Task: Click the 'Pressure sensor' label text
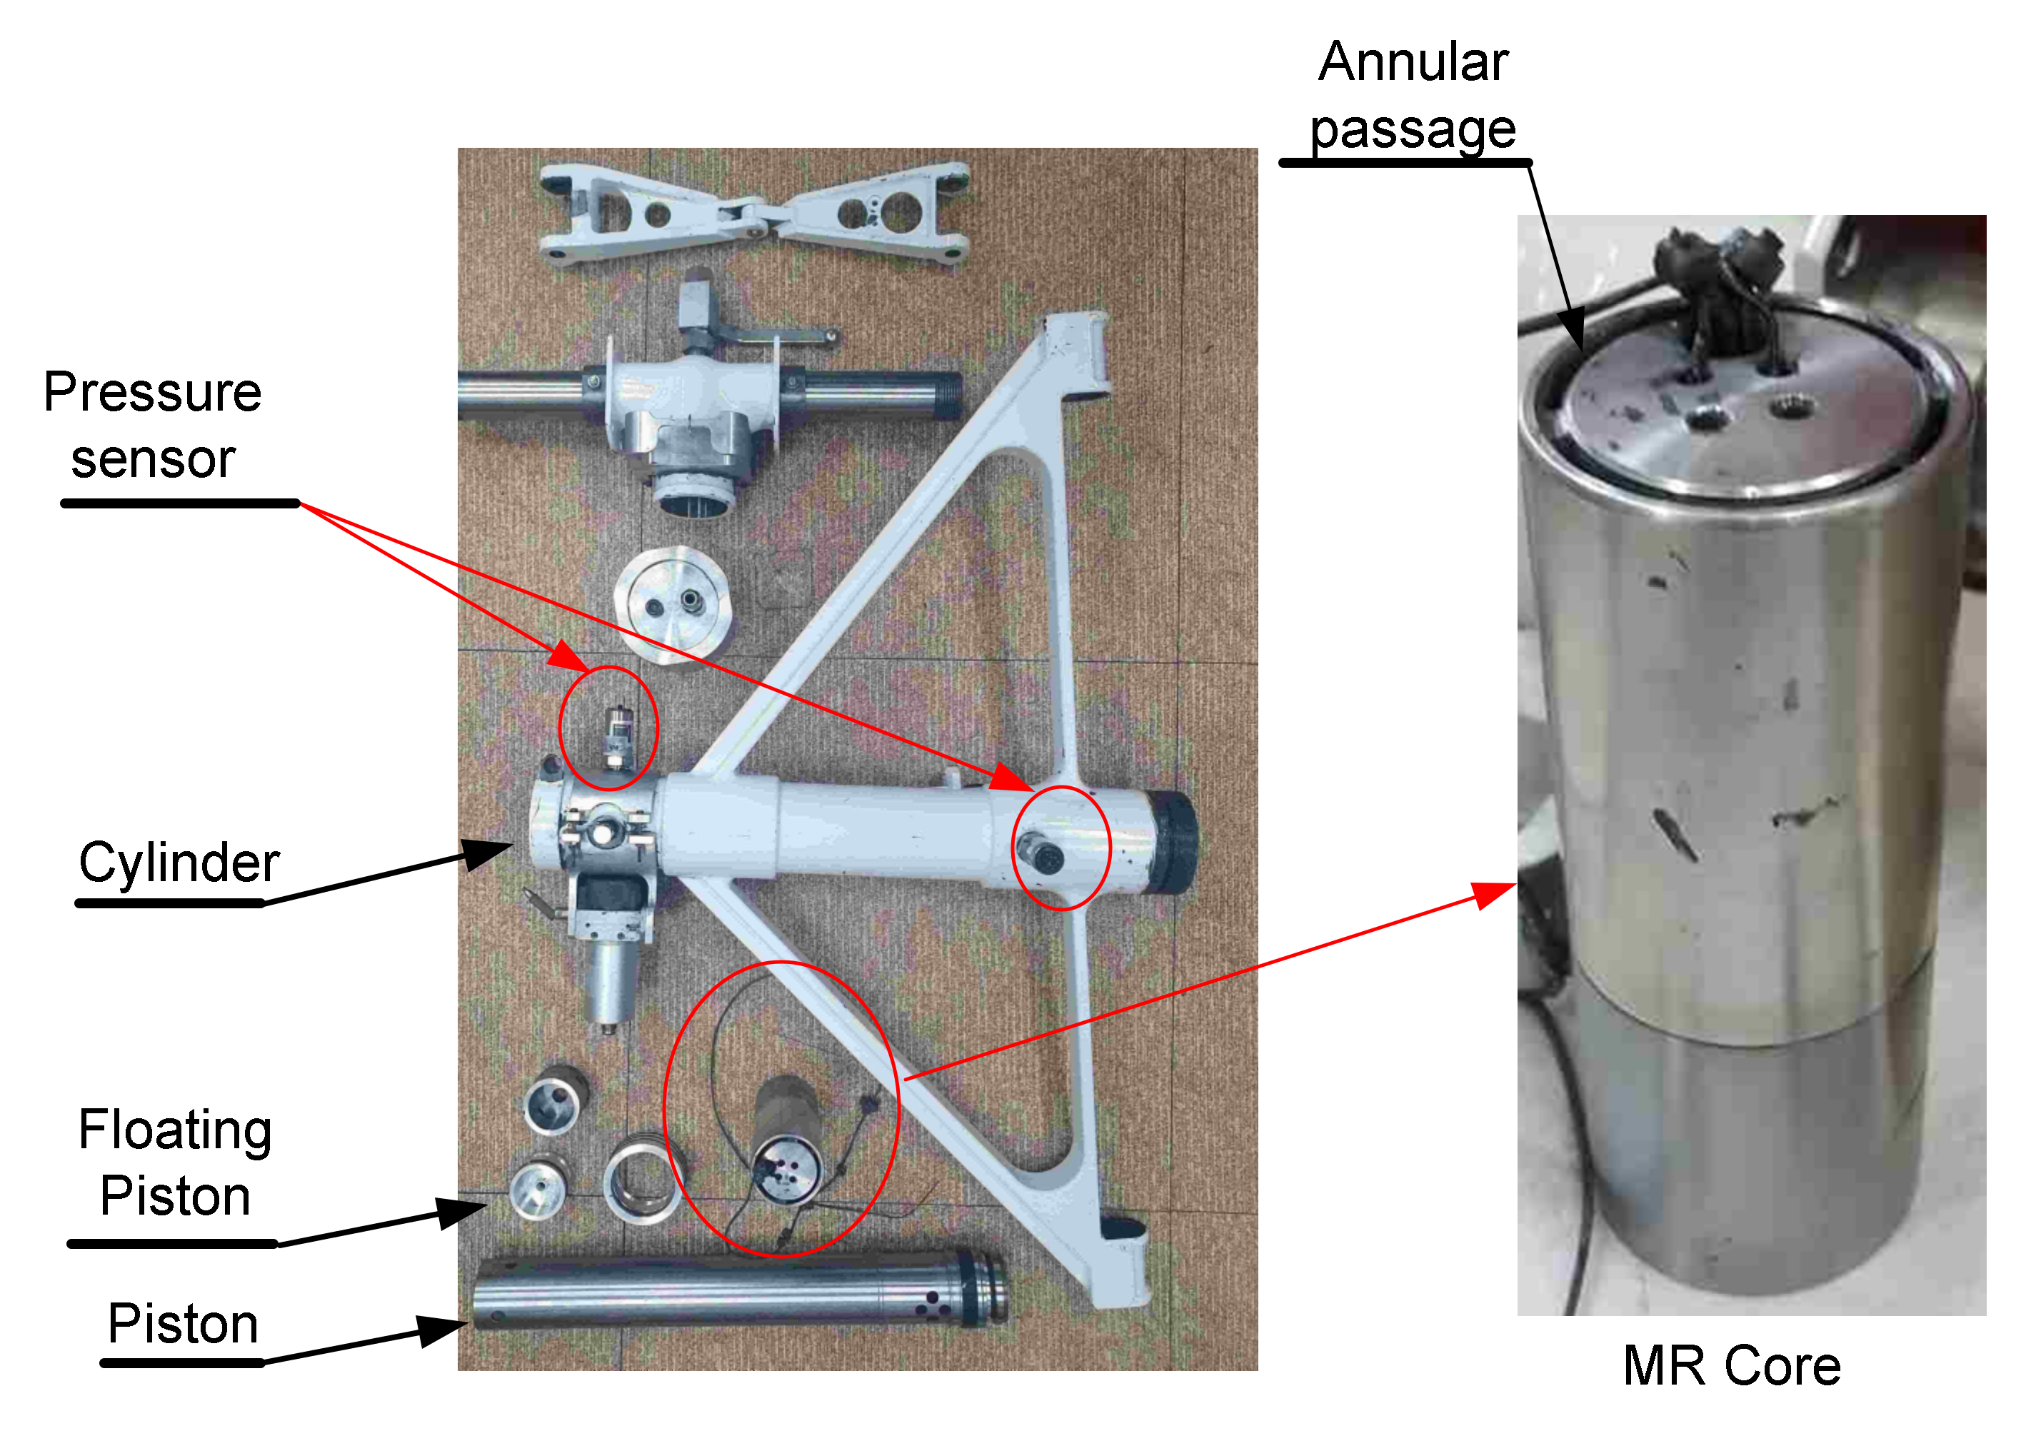(152, 426)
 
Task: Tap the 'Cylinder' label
(179, 863)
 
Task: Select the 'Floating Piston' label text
(175, 1163)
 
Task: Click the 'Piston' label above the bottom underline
(183, 1324)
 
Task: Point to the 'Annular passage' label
(1413, 96)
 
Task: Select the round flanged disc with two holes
(674, 604)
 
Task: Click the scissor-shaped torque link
(753, 212)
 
